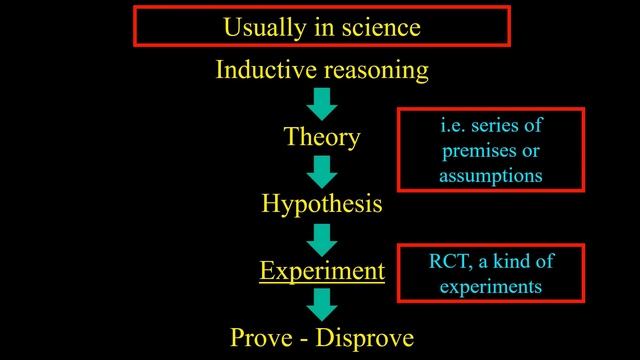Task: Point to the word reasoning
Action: coord(376,70)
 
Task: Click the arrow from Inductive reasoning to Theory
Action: coord(322,103)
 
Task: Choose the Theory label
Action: coord(322,137)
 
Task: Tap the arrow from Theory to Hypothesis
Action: coord(322,171)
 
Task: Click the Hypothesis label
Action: coord(322,204)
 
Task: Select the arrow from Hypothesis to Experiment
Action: coord(322,238)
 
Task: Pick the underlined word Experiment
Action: coord(322,270)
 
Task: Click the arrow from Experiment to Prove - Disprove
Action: coord(322,304)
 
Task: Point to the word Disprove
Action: coord(365,336)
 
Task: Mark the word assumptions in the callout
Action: coord(490,176)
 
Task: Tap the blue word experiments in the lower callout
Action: coord(490,286)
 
